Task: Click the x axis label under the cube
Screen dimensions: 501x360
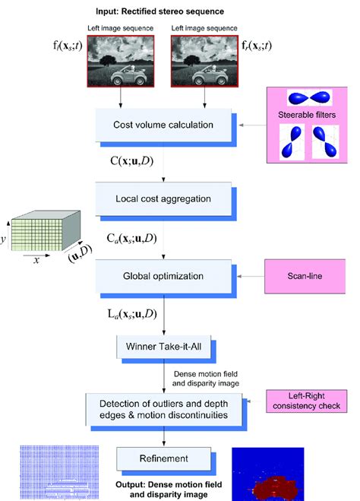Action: coord(36,259)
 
